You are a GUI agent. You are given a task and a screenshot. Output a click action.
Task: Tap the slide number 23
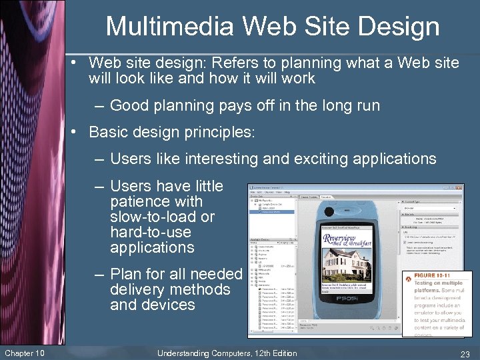464,354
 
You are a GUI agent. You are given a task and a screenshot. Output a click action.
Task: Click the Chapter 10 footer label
24,353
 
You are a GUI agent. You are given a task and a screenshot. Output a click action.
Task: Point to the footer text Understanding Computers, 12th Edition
227,353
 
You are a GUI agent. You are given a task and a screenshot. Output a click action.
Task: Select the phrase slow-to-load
153,217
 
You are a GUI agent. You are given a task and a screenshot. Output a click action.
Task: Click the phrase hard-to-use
151,232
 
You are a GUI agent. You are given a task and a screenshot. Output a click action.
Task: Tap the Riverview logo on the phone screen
348,239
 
